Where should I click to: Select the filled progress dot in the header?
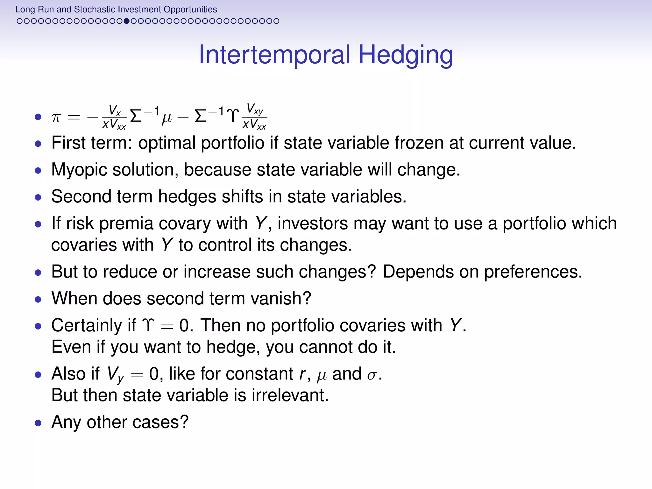(126, 21)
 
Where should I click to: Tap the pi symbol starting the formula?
(56, 117)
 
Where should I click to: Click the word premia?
(126, 223)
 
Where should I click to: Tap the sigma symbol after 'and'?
(372, 375)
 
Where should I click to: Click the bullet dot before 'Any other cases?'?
(38, 423)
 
